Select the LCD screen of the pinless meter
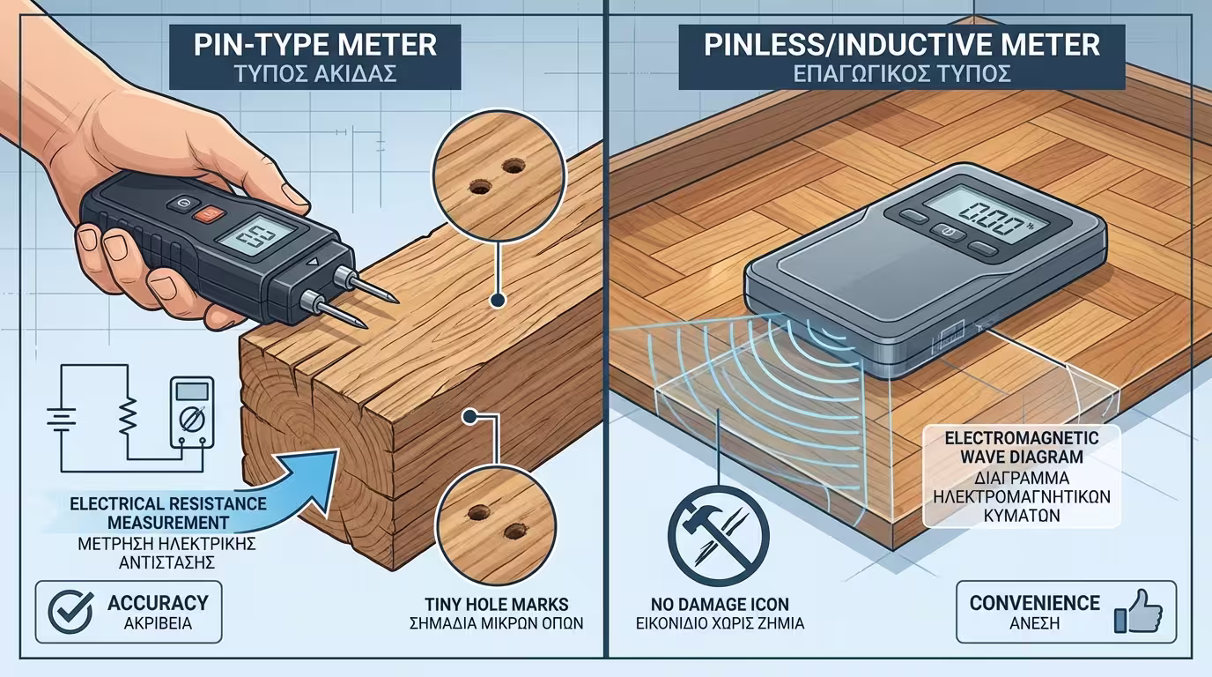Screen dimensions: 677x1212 987,212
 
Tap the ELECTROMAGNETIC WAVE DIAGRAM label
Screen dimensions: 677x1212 1022,447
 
